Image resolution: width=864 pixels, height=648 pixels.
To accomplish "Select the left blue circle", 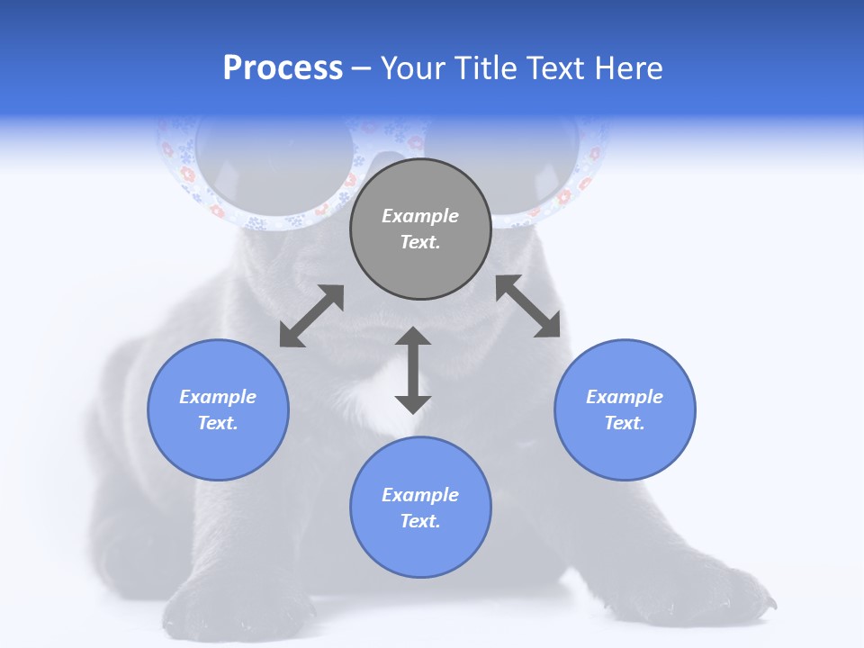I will pyautogui.click(x=218, y=409).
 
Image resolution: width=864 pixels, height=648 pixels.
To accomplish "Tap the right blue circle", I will pyautogui.click(x=625, y=409).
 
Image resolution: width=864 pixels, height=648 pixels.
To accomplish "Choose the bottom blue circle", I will pyautogui.click(x=420, y=508).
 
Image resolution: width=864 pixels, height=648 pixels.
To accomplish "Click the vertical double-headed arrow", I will pyautogui.click(x=413, y=370).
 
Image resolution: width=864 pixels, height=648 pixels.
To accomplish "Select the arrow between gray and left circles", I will pyautogui.click(x=311, y=316).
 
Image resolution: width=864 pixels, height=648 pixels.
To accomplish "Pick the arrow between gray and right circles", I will pyautogui.click(x=528, y=306).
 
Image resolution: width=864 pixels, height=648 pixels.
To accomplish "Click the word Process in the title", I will pyautogui.click(x=283, y=68).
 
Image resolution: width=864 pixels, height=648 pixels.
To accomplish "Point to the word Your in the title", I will pyautogui.click(x=414, y=68).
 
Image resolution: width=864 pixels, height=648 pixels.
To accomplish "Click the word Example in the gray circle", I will pyautogui.click(x=420, y=216).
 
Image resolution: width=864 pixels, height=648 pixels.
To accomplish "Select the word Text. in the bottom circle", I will pyautogui.click(x=420, y=521).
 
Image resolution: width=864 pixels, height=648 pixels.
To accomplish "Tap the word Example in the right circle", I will pyautogui.click(x=625, y=397).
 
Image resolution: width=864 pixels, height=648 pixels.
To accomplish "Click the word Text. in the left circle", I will pyautogui.click(x=218, y=423).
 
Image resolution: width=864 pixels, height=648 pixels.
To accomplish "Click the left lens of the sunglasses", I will pyautogui.click(x=270, y=166).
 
